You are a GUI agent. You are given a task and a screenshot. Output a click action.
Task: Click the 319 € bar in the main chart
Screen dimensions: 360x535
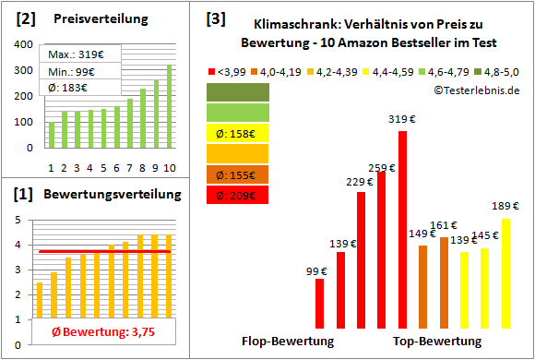pyautogui.click(x=402, y=231)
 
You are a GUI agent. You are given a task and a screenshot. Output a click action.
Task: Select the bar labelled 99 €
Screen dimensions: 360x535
pyautogui.click(x=320, y=304)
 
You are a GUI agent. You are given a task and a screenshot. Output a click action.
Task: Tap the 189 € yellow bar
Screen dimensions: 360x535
pyautogui.click(x=505, y=274)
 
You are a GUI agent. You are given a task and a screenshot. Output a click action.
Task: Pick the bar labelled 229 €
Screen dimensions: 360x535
pyautogui.click(x=362, y=260)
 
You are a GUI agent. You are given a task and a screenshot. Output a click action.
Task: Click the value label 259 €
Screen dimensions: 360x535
pyautogui.click(x=381, y=168)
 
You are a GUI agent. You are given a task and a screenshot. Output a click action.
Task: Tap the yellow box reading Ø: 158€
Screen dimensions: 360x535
pyautogui.click(x=237, y=132)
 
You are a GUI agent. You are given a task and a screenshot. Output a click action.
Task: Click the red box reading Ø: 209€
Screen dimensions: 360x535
pyautogui.click(x=237, y=195)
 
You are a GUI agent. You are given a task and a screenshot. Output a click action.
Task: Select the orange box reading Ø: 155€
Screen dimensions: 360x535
pyautogui.click(x=237, y=174)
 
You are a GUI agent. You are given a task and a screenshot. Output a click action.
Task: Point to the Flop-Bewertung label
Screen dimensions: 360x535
pyautogui.click(x=288, y=342)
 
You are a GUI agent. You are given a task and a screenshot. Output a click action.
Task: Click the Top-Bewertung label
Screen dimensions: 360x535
pyautogui.click(x=437, y=342)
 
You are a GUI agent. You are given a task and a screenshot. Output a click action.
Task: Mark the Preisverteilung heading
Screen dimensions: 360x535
pyautogui.click(x=90, y=18)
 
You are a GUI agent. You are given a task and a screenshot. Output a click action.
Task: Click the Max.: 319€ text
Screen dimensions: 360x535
pyautogui.click(x=67, y=54)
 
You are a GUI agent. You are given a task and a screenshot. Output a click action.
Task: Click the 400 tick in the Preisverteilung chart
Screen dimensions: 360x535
pyautogui.click(x=24, y=44)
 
